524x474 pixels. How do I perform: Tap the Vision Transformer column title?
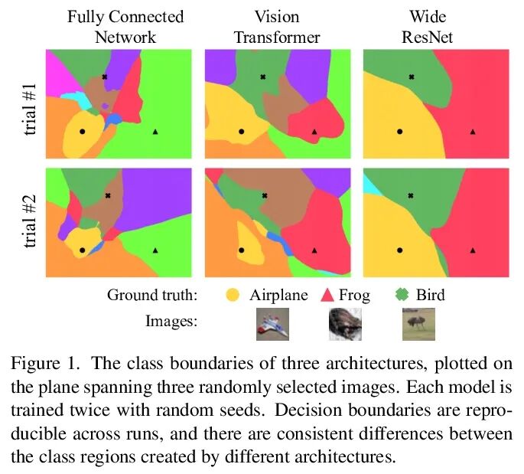277,27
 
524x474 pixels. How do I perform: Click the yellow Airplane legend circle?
233,295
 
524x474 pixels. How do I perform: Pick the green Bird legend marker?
402,295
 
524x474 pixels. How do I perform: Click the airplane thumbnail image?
271,323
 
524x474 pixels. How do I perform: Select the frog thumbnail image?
344,323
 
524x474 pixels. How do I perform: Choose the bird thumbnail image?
418,323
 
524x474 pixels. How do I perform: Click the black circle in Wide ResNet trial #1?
399,132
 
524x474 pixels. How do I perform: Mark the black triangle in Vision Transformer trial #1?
314,132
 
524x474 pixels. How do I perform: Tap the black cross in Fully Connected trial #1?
105,77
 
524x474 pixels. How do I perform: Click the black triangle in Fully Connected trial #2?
155,250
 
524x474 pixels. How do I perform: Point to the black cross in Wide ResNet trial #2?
412,196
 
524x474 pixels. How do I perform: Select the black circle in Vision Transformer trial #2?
242,250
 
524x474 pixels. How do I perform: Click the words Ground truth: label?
152,295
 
